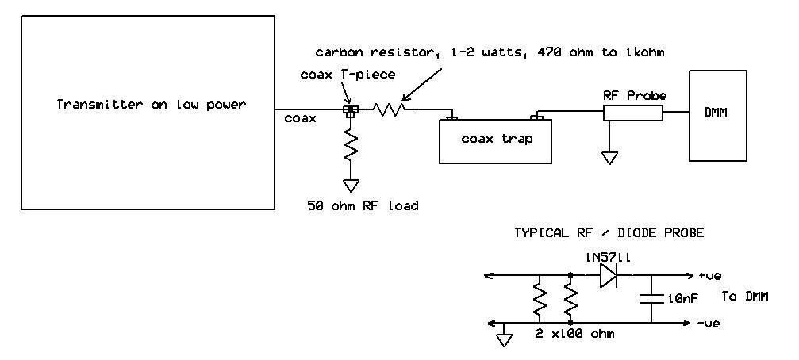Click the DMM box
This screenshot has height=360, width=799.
tap(718, 115)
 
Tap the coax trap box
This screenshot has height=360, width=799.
tap(497, 140)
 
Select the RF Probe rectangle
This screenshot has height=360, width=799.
tap(632, 113)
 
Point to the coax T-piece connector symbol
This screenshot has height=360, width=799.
tap(348, 110)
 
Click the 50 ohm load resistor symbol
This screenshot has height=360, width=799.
tap(350, 147)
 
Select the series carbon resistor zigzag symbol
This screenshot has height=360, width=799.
tap(390, 110)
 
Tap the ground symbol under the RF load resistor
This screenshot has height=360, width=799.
tap(350, 185)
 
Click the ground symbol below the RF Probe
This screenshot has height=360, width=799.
tap(609, 157)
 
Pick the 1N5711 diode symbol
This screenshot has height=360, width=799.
tap(607, 275)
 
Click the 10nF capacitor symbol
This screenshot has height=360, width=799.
tap(651, 299)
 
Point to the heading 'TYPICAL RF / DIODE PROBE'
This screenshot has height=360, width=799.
tap(609, 233)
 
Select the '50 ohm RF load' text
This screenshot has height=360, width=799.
tap(363, 206)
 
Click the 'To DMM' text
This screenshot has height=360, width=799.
tap(746, 297)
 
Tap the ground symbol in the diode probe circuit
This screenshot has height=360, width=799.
tap(502, 339)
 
